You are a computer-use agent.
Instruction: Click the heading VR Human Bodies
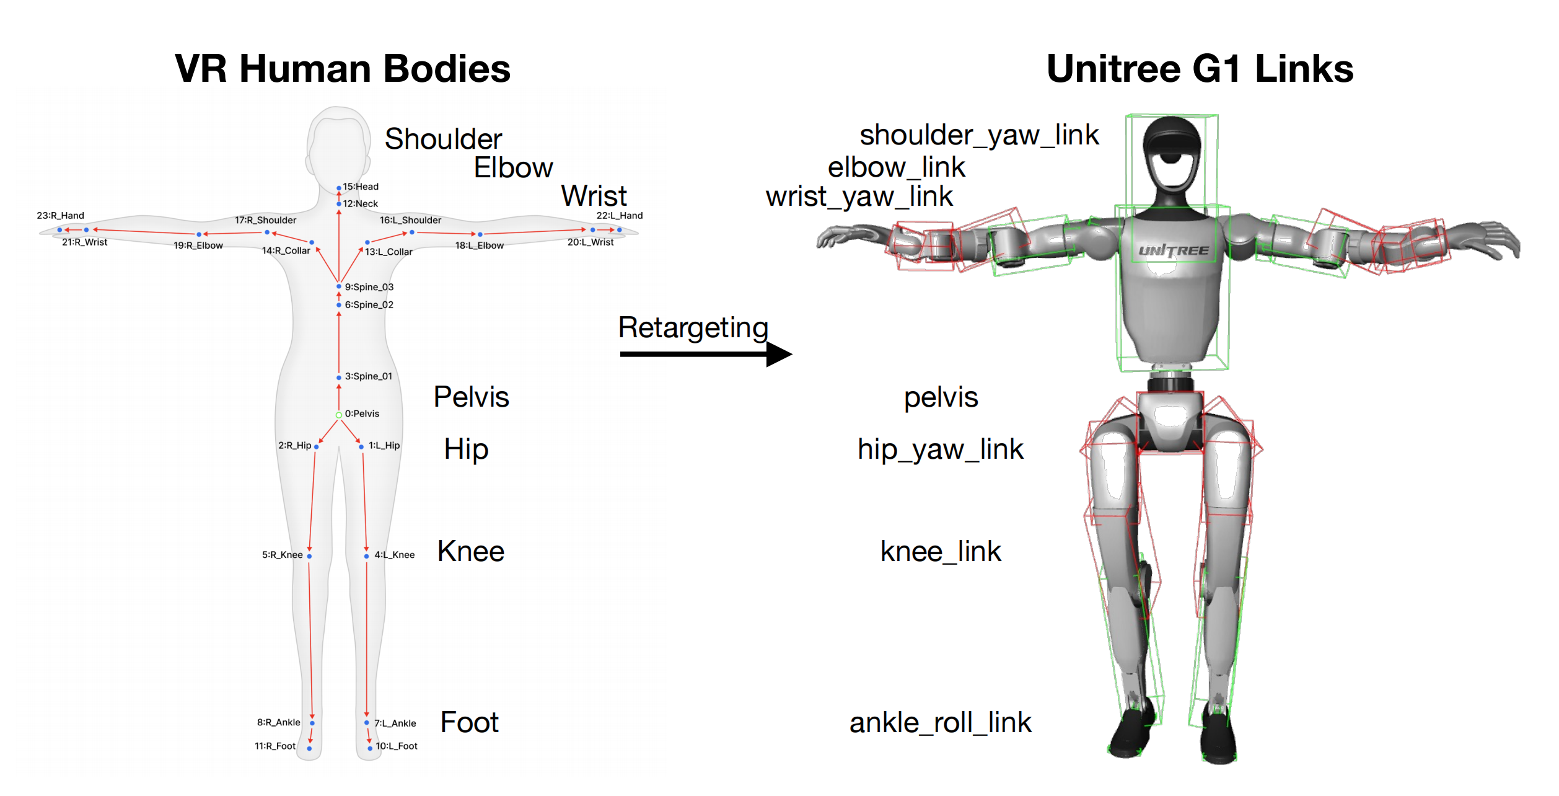342,68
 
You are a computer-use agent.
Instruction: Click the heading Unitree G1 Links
1200,68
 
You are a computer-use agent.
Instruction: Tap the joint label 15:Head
361,187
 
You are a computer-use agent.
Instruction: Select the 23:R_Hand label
60,216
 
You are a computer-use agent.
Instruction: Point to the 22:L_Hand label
619,216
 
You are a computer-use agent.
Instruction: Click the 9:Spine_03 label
369,287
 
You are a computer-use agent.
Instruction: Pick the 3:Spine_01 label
369,376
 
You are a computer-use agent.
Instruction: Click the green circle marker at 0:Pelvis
339,415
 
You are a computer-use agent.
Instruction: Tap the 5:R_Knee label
283,555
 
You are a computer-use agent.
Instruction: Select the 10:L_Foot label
397,746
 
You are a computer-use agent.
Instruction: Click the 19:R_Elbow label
198,245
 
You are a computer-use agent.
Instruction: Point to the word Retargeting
693,327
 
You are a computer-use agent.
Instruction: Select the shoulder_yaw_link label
979,135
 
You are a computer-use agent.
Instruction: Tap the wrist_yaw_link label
859,197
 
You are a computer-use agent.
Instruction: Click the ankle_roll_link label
940,722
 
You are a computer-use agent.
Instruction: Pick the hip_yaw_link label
940,449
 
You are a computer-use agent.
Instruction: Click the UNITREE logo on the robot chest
1174,250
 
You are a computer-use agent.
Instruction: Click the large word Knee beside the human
471,551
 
